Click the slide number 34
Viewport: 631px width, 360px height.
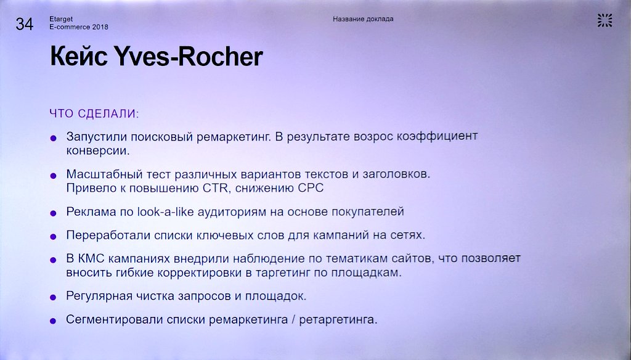tap(25, 24)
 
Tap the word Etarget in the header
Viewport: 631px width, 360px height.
tap(60, 19)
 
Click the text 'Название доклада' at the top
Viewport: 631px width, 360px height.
tap(363, 18)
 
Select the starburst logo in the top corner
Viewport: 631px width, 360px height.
tap(605, 20)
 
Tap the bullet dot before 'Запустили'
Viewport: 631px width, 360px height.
tap(54, 137)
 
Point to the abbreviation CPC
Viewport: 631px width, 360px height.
tap(311, 187)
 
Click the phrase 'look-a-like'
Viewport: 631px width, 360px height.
tap(159, 211)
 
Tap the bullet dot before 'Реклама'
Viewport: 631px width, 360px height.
tap(54, 213)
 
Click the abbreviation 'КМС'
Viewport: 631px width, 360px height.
tap(92, 259)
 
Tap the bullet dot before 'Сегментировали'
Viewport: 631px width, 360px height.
tap(54, 321)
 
